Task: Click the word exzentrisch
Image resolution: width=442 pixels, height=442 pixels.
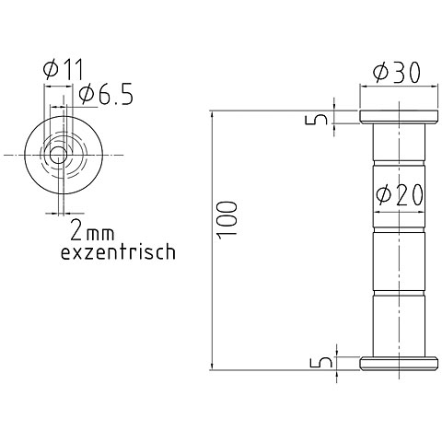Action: [x=117, y=250]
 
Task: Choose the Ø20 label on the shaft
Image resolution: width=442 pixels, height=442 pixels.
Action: [x=399, y=194]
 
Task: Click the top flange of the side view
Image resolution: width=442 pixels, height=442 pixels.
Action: [x=398, y=118]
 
